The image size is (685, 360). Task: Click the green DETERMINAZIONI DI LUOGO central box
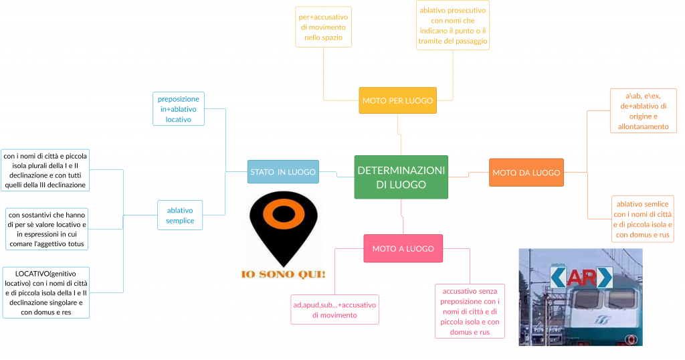coord(401,177)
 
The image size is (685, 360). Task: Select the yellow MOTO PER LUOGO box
coord(397,100)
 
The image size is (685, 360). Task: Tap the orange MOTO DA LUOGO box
coord(526,173)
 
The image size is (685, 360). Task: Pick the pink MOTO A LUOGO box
coord(403,248)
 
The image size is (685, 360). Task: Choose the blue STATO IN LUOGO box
coord(282,172)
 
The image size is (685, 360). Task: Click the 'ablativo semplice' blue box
coord(180,215)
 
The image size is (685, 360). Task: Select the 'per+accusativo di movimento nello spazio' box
coord(323,27)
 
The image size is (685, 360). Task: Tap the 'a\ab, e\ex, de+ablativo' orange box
coord(643,110)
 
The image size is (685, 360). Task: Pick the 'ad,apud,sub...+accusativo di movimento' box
coord(334,309)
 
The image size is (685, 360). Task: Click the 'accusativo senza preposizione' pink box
coord(469,311)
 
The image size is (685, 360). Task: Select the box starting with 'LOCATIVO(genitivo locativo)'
coord(45,292)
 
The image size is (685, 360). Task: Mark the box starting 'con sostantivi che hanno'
coord(47,228)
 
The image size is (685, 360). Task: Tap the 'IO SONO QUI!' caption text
coord(284,274)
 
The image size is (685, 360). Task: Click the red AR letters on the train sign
coord(581,277)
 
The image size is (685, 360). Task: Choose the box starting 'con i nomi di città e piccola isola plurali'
coord(45,170)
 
